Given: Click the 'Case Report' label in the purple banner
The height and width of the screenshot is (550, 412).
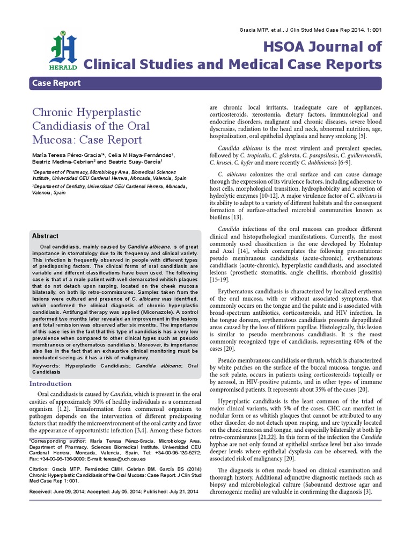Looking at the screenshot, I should (x=57, y=83).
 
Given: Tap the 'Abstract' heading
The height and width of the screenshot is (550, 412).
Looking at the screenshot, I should (x=46, y=236).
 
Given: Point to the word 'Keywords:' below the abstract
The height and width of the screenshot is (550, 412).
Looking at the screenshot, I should (x=47, y=365).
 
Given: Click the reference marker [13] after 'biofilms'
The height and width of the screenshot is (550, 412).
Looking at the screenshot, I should (x=236, y=217).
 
